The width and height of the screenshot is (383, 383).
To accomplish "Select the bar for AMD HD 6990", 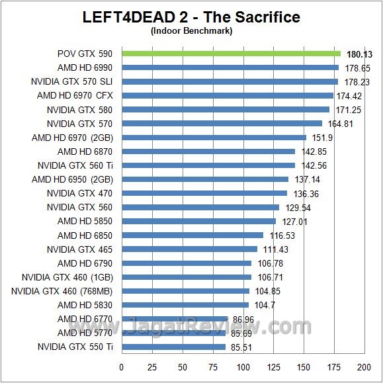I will (230, 67).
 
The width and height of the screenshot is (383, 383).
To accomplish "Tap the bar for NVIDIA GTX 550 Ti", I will (173, 347).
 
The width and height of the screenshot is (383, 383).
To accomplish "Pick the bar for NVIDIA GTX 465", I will (189, 249).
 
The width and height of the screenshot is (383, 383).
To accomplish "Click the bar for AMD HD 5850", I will (198, 221).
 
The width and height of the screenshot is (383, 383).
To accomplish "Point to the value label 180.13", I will (357, 54).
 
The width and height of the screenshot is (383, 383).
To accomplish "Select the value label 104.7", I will (264, 305).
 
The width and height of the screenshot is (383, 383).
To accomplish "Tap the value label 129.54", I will (298, 208).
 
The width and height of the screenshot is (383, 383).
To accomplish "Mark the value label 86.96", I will (243, 319).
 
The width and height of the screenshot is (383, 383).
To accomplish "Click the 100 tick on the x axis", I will (243, 366).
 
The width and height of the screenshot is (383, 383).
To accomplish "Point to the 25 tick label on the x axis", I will (151, 366).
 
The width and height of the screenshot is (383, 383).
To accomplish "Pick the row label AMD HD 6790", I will (85, 263).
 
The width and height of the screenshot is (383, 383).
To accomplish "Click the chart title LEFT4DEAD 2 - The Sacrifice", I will (191, 17).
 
